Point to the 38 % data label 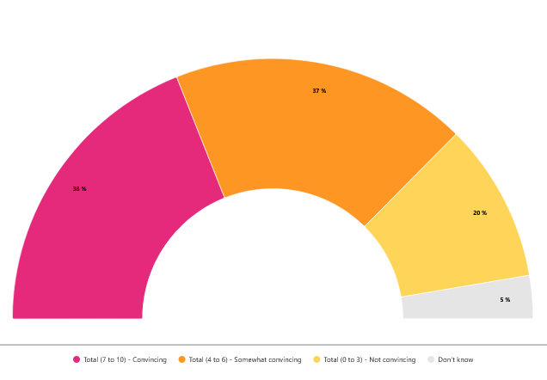[79, 188]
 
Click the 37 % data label [319, 90]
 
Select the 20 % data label [480, 212]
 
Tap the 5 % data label [505, 299]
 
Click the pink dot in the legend [77, 359]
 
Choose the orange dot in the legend [181, 359]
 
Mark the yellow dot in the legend [317, 359]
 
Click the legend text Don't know [456, 359]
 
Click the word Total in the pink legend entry [91, 359]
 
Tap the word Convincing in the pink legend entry [151, 359]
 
